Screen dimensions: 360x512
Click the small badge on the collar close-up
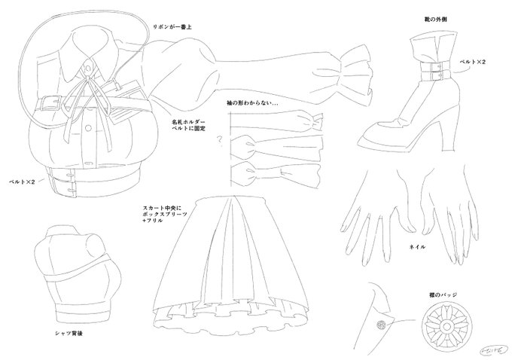coord(382,325)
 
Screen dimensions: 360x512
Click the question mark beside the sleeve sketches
coord(218,138)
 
